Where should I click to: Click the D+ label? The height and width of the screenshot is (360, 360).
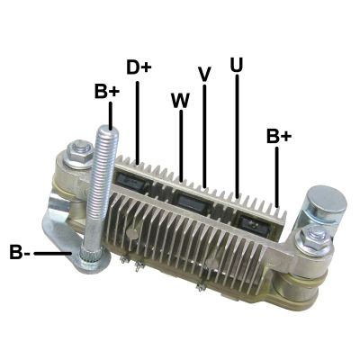pos(139,67)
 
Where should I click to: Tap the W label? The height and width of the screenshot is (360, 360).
pos(181,101)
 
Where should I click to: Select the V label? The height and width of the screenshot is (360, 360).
pos(204,74)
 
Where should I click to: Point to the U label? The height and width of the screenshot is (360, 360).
pos(237,64)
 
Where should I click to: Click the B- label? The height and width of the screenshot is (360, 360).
pos(20,252)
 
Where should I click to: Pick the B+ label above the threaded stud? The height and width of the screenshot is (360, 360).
pos(107,91)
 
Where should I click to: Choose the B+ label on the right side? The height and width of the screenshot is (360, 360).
pos(279,136)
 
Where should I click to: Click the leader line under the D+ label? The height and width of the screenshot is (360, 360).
pos(138,122)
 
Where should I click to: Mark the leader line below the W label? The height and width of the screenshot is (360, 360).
pos(181,146)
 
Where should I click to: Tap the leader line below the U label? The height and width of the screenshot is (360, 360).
pos(238,136)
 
